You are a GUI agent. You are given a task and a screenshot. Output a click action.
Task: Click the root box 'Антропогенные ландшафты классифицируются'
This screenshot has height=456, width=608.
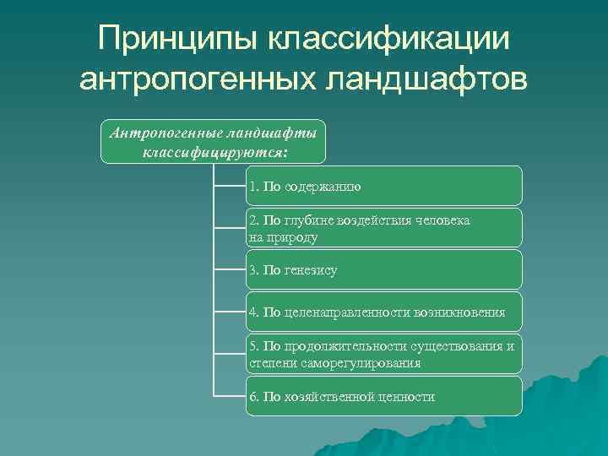tap(212, 141)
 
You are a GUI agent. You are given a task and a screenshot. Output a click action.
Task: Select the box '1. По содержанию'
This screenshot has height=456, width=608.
tap(384, 186)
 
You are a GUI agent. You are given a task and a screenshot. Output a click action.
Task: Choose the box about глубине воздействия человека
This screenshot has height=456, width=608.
tap(384, 228)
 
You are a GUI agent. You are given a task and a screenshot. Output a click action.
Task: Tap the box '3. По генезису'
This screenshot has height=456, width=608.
tap(384, 270)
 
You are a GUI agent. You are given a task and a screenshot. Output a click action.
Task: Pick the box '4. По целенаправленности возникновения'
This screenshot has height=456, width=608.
tap(384, 312)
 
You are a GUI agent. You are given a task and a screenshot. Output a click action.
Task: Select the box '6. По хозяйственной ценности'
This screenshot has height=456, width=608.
tap(384, 396)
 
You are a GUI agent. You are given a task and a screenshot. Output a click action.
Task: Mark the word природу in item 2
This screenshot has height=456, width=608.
tap(293, 237)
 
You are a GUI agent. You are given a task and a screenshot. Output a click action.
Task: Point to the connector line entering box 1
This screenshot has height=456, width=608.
tap(229, 186)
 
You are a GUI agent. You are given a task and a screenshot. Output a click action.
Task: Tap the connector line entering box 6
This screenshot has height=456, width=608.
tap(229, 396)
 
